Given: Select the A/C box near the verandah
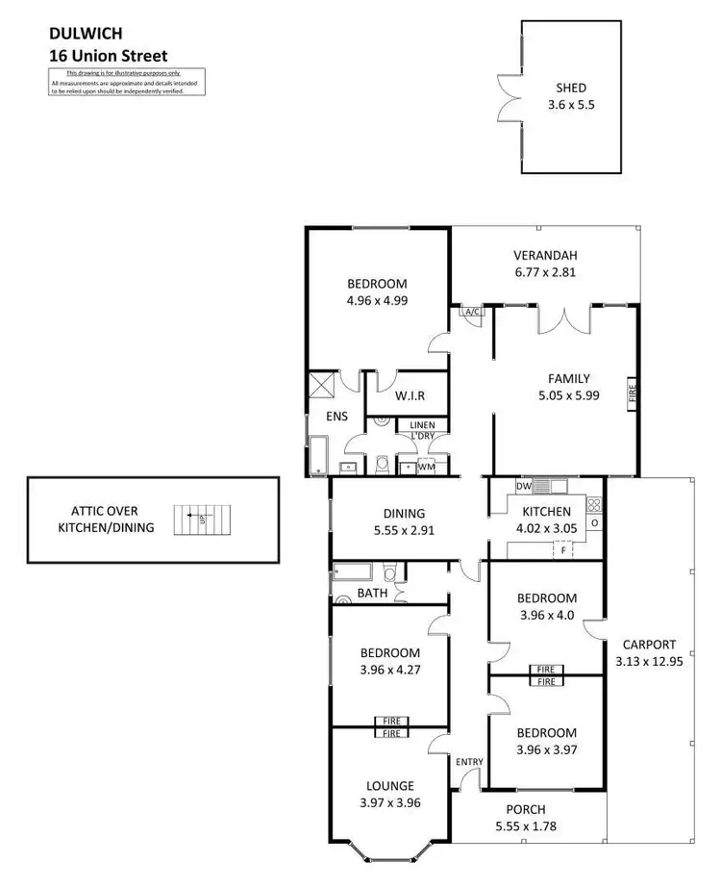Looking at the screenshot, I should [x=472, y=312].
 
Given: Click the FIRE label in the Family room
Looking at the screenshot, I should [x=633, y=393].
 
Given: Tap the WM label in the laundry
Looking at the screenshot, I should [x=424, y=467].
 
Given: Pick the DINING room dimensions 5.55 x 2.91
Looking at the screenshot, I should [x=403, y=529].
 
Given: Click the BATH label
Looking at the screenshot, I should [x=372, y=594].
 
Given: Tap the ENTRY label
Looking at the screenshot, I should [x=470, y=761].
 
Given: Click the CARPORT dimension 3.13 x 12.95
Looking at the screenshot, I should [x=649, y=661].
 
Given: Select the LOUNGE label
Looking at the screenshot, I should [x=389, y=785].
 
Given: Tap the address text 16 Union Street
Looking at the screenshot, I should [x=108, y=56].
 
